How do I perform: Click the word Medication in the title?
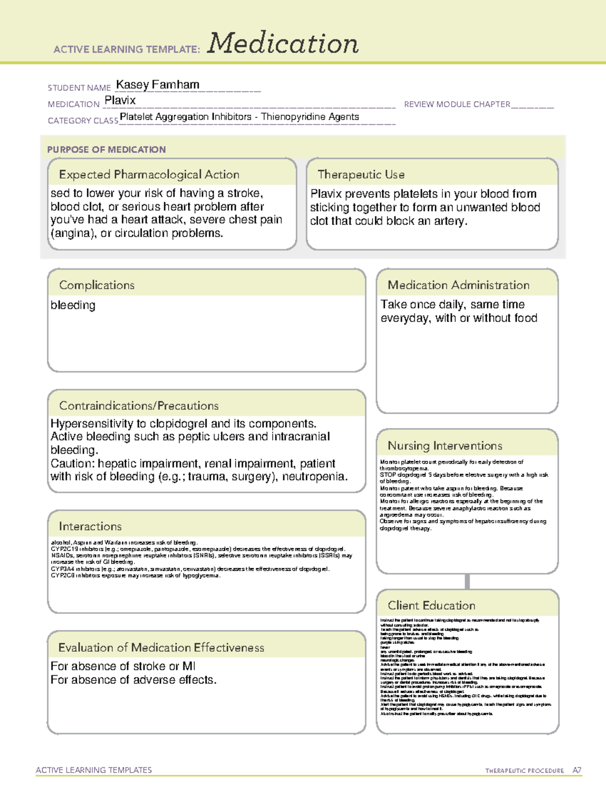[283, 43]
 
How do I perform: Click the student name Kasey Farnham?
[158, 85]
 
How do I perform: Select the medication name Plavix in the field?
[120, 101]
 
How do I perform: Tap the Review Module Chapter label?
[457, 104]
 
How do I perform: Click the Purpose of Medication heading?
[107, 150]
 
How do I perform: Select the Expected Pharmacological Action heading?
[149, 174]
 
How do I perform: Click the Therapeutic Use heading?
[361, 174]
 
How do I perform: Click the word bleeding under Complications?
[73, 305]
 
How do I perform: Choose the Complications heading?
[97, 285]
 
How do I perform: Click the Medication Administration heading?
[459, 285]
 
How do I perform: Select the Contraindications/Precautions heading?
[139, 406]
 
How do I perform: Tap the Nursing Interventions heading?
[445, 446]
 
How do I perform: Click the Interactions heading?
[90, 527]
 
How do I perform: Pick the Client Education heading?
[431, 606]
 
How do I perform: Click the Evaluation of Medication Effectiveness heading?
[161, 648]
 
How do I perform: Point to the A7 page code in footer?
[577, 770]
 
